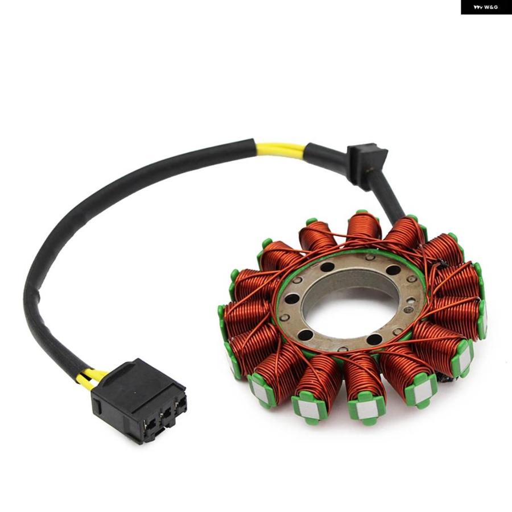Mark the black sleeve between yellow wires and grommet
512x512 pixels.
[327, 153]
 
